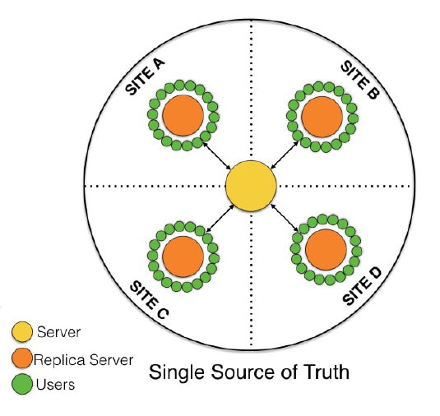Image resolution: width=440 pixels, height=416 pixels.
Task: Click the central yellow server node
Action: (x=251, y=186)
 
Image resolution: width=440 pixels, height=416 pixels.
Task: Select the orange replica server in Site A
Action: (x=183, y=115)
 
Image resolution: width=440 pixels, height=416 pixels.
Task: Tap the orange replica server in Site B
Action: (x=322, y=117)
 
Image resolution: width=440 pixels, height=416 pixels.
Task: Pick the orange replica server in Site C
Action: (x=183, y=257)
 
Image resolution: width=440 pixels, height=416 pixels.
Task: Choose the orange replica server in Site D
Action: (x=326, y=250)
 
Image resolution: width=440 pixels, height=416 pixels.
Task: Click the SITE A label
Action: (x=145, y=77)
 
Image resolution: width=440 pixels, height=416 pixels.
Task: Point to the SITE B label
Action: (x=360, y=80)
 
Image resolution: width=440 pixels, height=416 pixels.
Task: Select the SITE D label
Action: (x=362, y=286)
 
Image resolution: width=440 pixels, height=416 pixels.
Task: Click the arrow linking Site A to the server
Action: (x=217, y=156)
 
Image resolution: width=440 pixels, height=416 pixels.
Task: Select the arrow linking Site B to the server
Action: (x=285, y=155)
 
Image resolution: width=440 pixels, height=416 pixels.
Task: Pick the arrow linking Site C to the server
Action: (x=220, y=219)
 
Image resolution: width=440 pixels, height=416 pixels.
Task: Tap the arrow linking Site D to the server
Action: (x=285, y=218)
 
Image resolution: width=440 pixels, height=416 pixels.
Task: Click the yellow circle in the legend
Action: (x=22, y=332)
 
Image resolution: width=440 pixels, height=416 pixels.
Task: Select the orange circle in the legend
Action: (x=22, y=358)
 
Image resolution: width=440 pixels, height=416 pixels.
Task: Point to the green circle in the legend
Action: (x=22, y=384)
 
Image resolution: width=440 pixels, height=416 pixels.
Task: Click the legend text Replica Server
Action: (x=83, y=360)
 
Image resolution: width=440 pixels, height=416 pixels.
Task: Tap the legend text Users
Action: (x=56, y=385)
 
